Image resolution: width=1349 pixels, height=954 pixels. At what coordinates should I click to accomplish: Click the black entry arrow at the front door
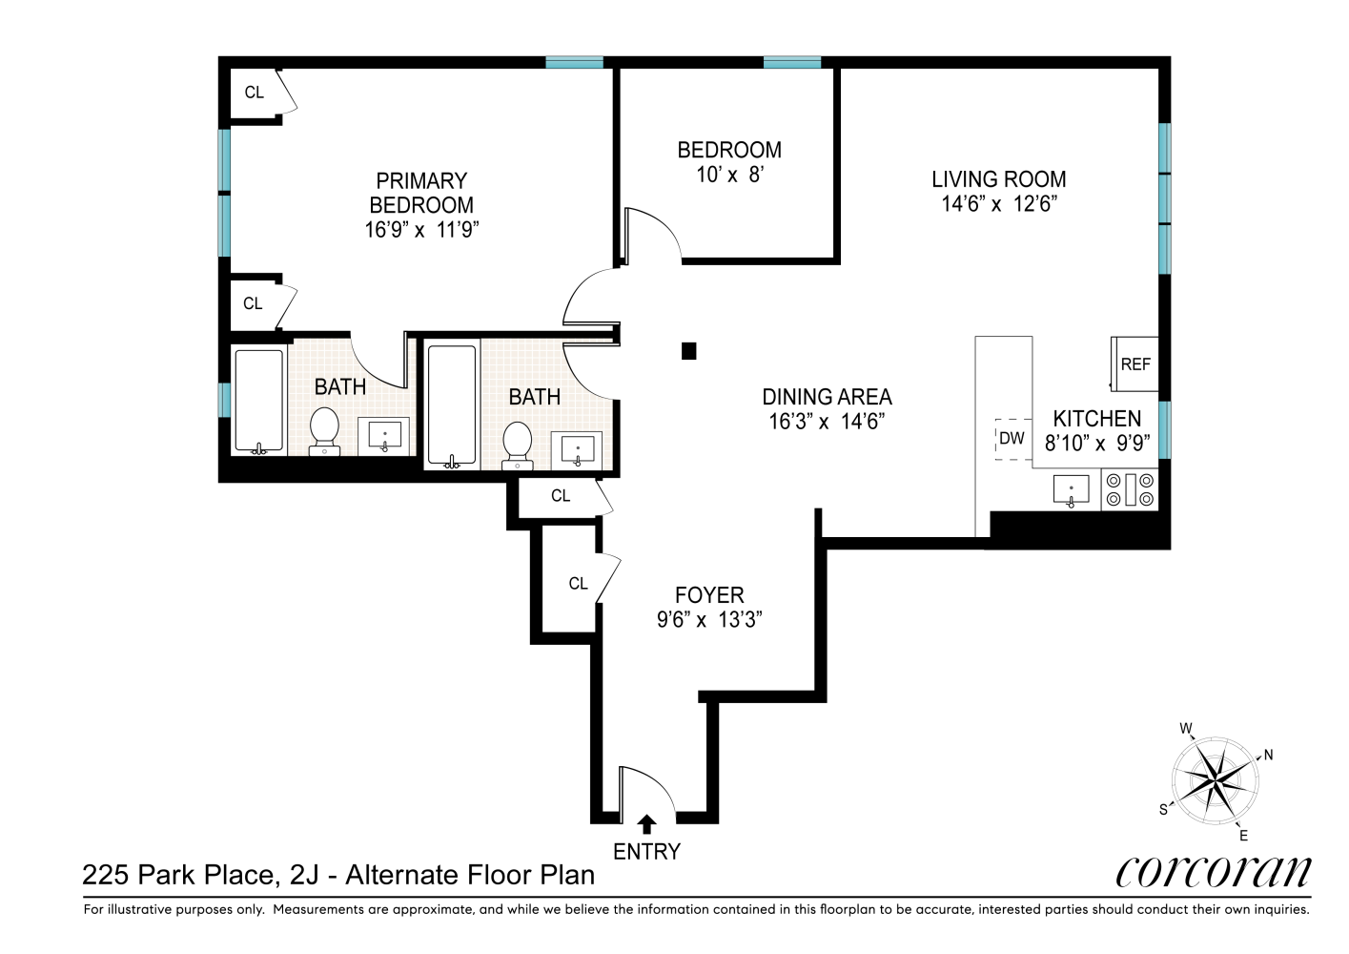(x=646, y=823)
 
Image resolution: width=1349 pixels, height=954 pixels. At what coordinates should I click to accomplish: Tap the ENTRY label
(x=646, y=852)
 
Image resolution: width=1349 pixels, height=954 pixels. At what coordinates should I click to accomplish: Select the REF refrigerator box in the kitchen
(x=1134, y=363)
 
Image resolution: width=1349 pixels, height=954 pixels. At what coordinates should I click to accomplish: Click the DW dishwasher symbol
(x=1012, y=439)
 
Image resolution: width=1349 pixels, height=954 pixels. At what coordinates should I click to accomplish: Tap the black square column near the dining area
(x=689, y=351)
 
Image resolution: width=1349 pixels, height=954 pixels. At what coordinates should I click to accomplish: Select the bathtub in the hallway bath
(x=451, y=404)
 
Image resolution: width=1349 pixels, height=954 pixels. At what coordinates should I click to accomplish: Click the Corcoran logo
(x=1213, y=871)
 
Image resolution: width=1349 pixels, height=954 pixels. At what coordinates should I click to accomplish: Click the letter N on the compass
(x=1268, y=755)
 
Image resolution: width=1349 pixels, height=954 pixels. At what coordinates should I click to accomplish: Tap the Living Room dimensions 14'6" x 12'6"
(x=998, y=203)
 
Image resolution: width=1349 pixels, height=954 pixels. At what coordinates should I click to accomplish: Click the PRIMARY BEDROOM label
(x=421, y=193)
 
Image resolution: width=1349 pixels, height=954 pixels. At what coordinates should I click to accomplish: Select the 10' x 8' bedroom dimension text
(x=729, y=175)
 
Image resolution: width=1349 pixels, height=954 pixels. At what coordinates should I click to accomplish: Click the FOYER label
(x=709, y=595)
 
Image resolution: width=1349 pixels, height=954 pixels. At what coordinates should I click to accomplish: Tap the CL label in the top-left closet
(x=254, y=93)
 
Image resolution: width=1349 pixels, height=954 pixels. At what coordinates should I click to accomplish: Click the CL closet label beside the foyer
(x=578, y=584)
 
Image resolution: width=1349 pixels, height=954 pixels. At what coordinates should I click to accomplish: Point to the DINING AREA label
(x=827, y=397)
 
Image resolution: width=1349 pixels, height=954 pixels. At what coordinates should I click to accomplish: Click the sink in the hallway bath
(x=578, y=447)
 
